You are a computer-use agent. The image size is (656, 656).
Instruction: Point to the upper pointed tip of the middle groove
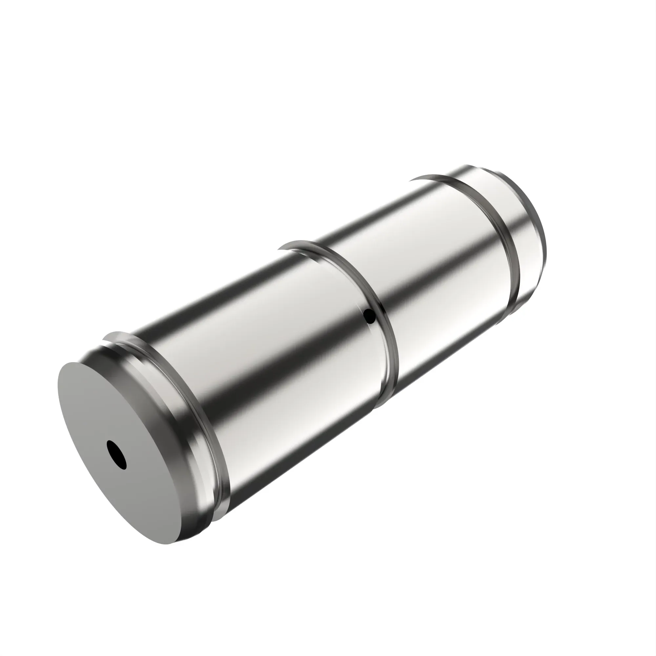pyautogui.click(x=279, y=250)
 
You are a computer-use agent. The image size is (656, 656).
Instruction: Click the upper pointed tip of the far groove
pyautogui.click(x=410, y=180)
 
